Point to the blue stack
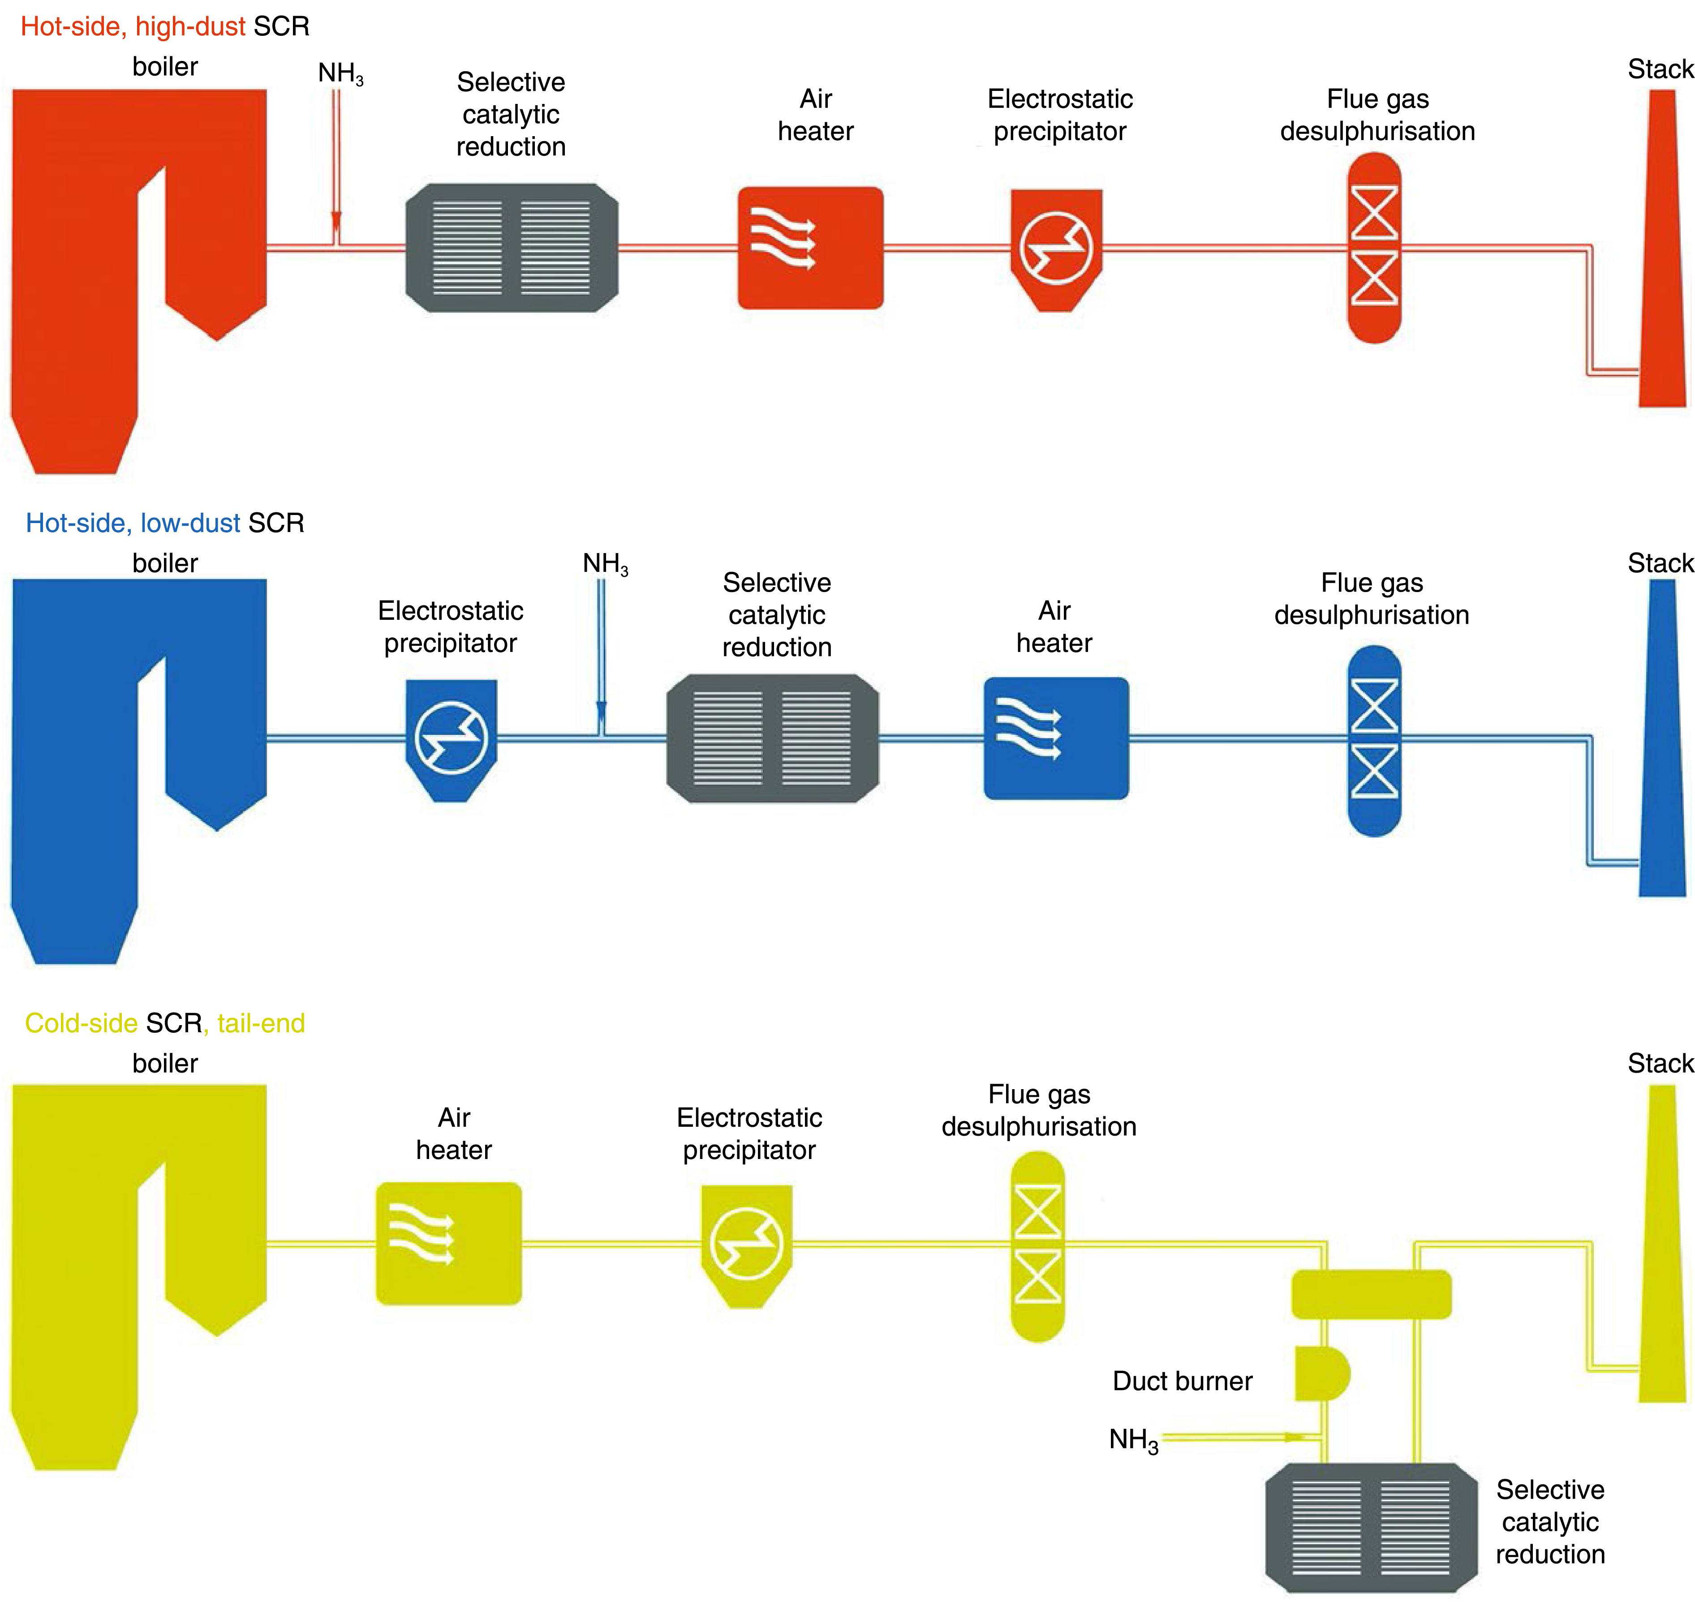[1662, 748]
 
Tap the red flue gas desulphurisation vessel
[1374, 248]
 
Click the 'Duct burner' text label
[1182, 1381]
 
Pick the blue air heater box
[1056, 738]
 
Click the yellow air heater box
[448, 1243]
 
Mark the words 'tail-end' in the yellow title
[261, 1023]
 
